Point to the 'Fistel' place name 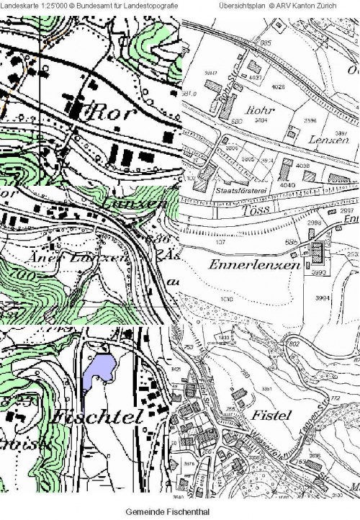(x=271, y=416)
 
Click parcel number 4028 (x=278, y=87)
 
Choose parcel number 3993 (x=318, y=274)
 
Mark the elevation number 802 (x=294, y=344)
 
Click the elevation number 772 (x=334, y=398)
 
